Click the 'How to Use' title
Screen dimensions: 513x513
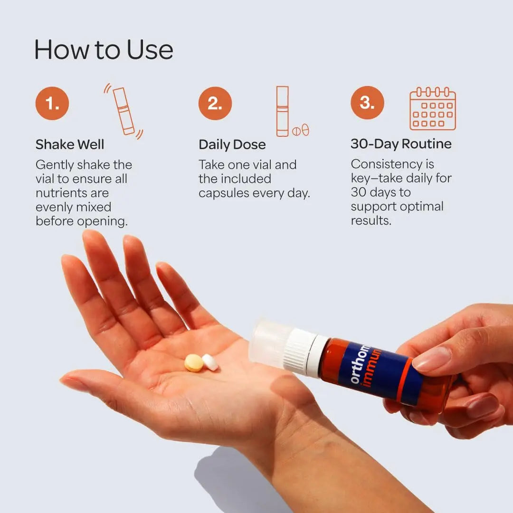pos(104,50)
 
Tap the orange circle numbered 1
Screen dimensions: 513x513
pos(52,104)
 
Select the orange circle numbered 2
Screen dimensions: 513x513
pos(215,104)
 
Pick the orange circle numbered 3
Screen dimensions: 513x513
pos(367,103)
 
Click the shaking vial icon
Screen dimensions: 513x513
pos(123,111)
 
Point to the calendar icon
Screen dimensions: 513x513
pos(433,109)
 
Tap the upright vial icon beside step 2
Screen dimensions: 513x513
pos(282,111)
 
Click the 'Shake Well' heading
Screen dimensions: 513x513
pos(70,144)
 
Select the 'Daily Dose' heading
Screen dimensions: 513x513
pos(232,144)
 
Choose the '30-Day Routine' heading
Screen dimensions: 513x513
pos(401,144)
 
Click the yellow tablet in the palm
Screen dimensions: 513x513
pos(194,363)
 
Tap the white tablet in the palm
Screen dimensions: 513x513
pos(210,362)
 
